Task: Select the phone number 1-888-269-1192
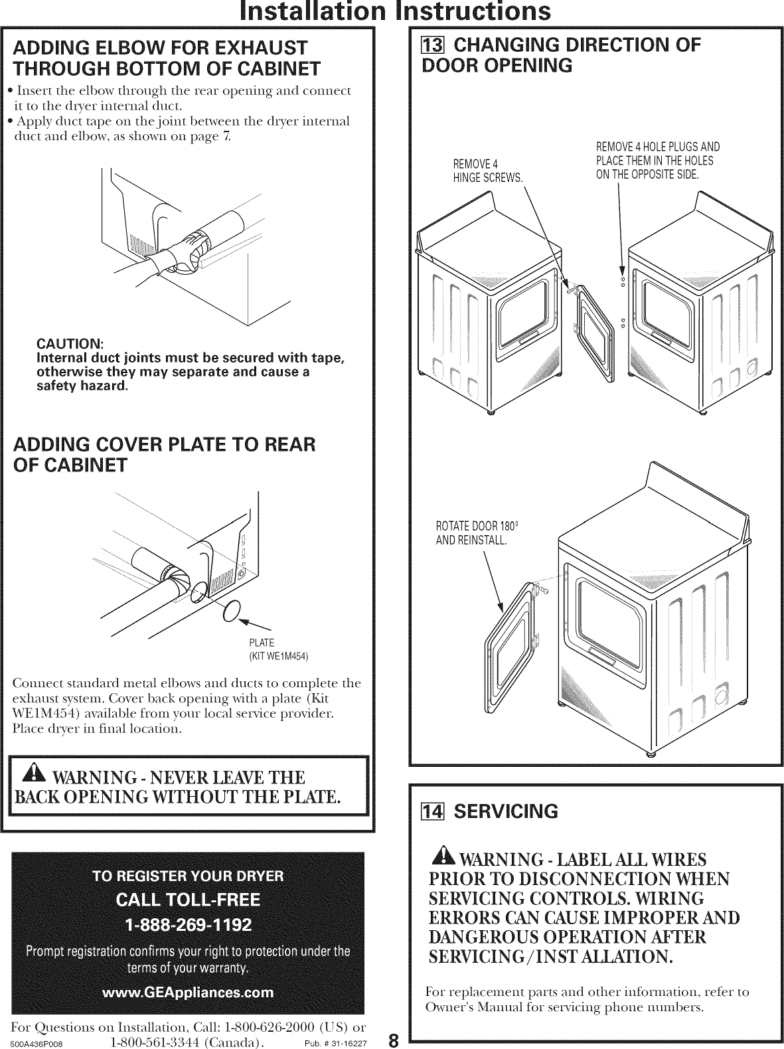click(189, 925)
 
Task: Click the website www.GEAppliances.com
click(189, 992)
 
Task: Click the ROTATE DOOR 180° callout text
click(471, 534)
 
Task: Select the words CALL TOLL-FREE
click(189, 900)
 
